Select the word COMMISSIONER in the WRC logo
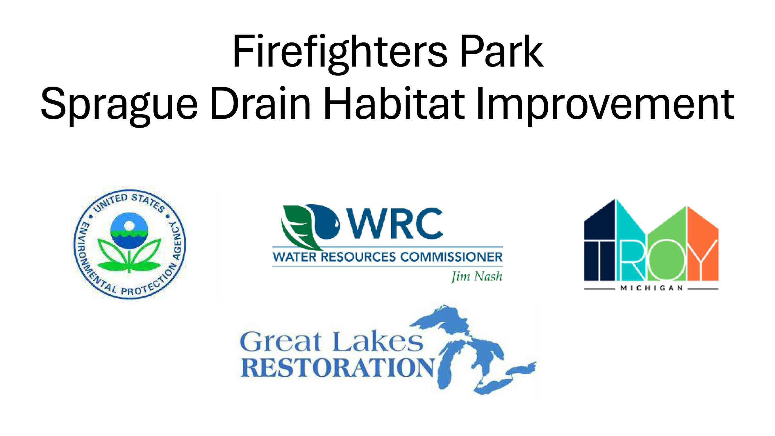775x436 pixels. pos(451,257)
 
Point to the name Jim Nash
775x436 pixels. pos(476,276)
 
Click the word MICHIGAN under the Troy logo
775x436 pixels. pos(651,288)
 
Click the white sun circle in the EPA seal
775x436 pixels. pos(129,225)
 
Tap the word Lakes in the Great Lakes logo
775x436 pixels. pos(378,341)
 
